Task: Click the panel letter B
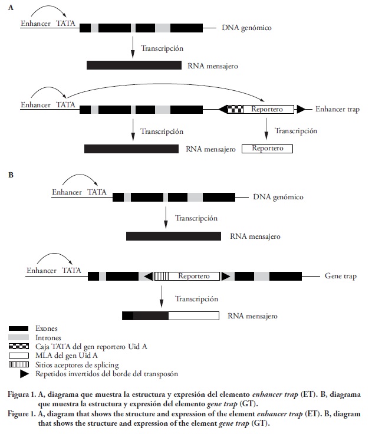pyautogui.click(x=10, y=175)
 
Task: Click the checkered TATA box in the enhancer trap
pyautogui.click(x=235, y=109)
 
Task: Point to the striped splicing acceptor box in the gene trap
pyautogui.click(x=162, y=276)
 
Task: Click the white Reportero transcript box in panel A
pyautogui.click(x=267, y=149)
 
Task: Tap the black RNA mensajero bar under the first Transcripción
pyautogui.click(x=133, y=65)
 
